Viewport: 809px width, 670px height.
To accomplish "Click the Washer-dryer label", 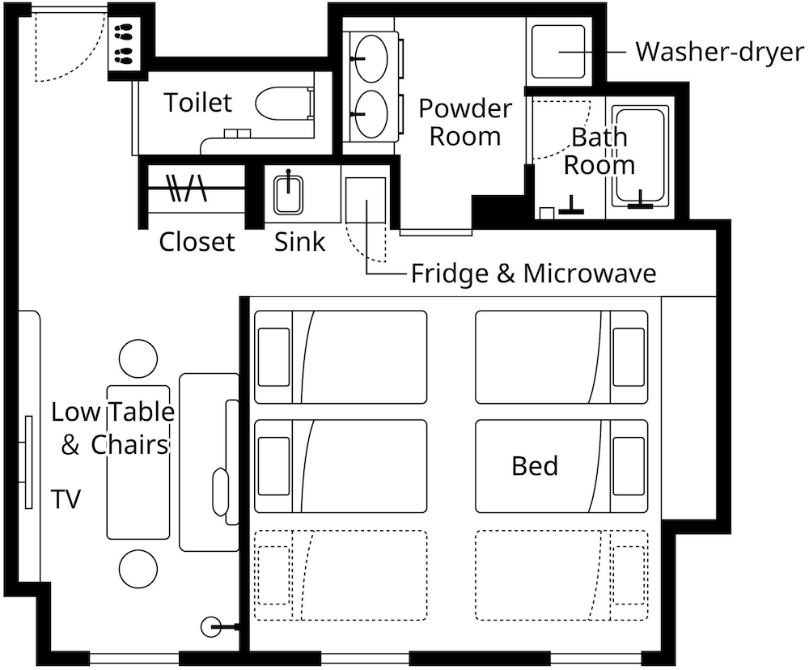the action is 720,52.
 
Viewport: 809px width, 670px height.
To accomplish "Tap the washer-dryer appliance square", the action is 559,52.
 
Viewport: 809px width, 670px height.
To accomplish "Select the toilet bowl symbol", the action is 282,104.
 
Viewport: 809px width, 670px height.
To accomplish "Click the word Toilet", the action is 198,102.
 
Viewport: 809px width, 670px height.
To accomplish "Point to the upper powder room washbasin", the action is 371,58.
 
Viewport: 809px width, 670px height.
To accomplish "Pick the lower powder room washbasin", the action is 371,114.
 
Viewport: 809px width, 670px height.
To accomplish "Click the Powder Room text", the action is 465,122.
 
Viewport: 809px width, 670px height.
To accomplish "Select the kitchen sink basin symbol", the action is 289,193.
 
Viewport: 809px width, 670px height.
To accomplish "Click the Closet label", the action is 197,242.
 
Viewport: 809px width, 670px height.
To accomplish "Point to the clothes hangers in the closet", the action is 186,188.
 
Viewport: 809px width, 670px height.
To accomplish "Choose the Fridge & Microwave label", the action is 533,273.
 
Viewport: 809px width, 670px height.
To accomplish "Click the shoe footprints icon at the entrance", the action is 124,45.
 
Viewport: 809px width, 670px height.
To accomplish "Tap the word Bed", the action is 535,465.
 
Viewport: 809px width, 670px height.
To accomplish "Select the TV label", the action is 66,499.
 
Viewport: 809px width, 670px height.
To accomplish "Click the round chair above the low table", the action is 138,358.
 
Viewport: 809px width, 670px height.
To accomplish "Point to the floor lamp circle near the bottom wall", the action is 211,627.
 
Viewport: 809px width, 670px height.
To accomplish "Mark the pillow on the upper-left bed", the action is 273,357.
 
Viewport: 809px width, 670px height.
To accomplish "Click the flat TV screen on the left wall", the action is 29,462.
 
